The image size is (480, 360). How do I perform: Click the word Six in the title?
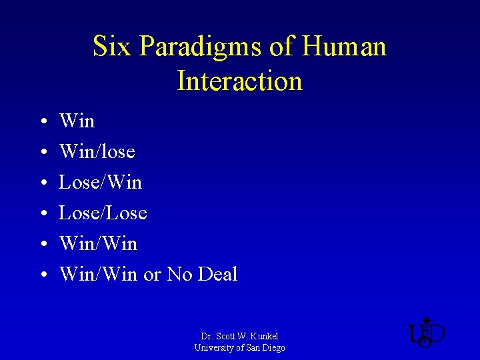click(108, 47)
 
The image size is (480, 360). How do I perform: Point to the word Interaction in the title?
click(240, 81)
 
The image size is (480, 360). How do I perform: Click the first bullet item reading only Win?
click(77, 121)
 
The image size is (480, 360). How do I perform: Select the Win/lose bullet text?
click(97, 152)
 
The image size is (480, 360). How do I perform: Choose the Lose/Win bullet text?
click(101, 183)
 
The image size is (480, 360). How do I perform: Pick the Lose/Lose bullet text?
click(103, 213)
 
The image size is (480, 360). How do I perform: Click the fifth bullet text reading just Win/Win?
click(99, 244)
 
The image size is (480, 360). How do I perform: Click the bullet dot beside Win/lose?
click(42, 153)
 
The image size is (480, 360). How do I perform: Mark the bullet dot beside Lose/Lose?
click(42, 214)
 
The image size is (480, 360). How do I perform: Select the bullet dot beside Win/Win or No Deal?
click(42, 275)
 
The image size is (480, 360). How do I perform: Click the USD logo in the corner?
click(426, 333)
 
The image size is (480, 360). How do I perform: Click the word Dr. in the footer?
click(207, 336)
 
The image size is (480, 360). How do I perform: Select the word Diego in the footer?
click(273, 347)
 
